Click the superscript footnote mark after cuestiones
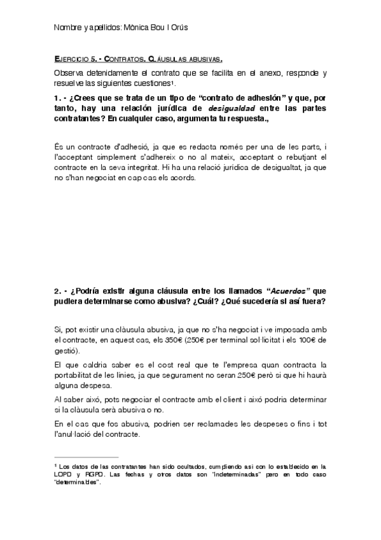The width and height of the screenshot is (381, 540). [173, 82]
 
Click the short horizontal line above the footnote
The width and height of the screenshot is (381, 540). [87, 457]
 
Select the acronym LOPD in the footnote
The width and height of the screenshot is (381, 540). [63, 475]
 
